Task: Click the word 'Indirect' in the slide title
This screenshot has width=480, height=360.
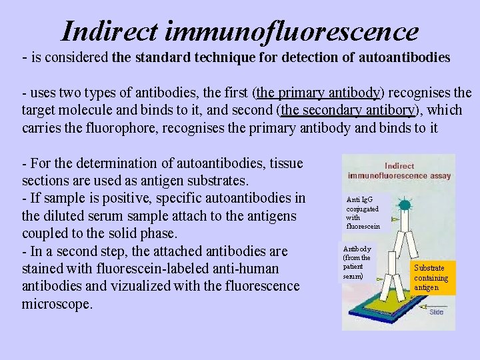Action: [107, 31]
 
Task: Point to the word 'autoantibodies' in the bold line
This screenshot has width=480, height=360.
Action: [405, 57]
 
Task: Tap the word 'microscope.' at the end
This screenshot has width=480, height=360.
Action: [57, 303]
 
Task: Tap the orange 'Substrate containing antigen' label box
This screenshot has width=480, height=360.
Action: [432, 277]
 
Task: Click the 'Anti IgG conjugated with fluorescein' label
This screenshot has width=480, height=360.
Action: [363, 213]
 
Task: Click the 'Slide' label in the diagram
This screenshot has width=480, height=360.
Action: [436, 312]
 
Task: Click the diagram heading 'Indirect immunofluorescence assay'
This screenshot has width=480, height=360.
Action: [399, 171]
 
